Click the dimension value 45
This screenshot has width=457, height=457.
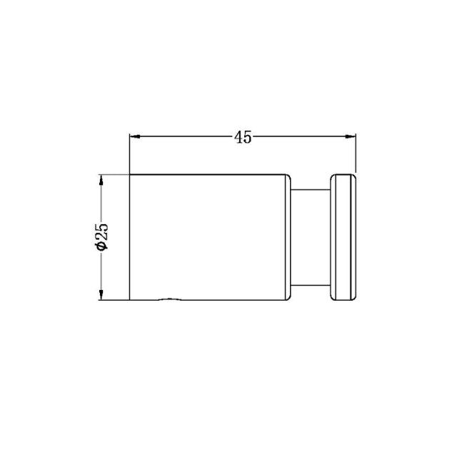pos(243,136)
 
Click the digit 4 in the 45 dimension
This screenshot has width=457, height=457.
pos(238,136)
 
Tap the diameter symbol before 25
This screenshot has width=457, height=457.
pos(102,245)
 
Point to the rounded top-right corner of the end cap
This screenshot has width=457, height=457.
pos(353,176)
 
